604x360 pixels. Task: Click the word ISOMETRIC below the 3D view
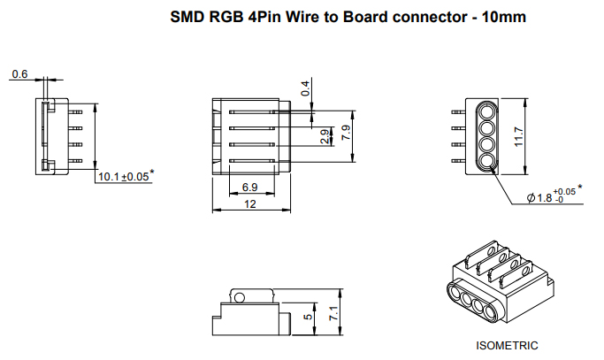coord(507,346)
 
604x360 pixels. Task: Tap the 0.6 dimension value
coord(19,74)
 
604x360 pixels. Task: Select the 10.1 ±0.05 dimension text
coord(121,177)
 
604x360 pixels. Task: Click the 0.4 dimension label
coord(306,88)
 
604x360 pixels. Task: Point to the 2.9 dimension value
coord(325,137)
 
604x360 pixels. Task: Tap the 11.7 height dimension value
coord(520,137)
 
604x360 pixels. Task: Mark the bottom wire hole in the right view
coord(485,161)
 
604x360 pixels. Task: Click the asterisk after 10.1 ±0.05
coord(153,172)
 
